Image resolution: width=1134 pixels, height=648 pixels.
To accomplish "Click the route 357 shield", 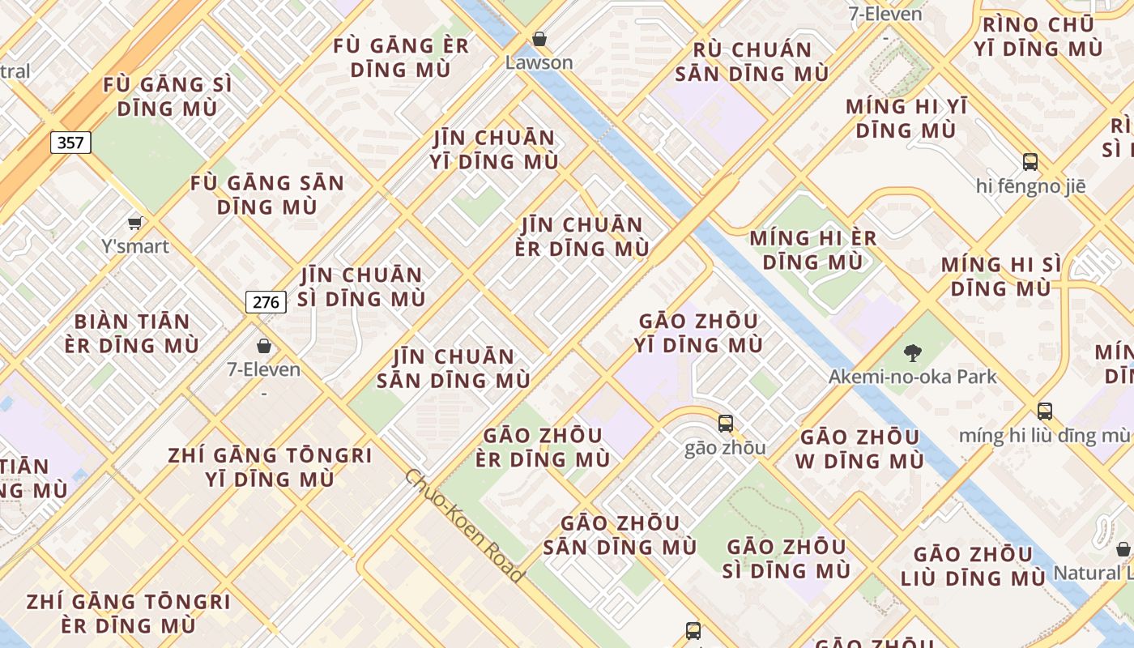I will click(70, 143).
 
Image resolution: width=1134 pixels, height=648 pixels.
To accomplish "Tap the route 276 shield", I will click(266, 303).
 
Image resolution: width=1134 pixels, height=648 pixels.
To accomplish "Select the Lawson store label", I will click(539, 62).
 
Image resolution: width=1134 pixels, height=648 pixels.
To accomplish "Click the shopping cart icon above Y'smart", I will click(135, 223).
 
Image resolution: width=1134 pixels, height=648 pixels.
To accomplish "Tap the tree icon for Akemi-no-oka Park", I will click(912, 352).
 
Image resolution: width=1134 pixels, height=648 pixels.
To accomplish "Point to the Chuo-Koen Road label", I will click(463, 525).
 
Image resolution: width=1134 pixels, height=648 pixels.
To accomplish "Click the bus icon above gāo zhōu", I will click(725, 423).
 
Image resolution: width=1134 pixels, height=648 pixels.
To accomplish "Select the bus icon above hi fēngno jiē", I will click(1030, 162).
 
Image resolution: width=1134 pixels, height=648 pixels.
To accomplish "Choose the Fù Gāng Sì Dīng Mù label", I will click(168, 96).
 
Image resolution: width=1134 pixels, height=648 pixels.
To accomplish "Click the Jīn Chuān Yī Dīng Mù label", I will click(495, 150).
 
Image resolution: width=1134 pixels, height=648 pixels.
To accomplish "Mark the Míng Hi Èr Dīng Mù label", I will click(812, 249).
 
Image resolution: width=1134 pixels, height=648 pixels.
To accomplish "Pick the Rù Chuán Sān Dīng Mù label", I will click(752, 62).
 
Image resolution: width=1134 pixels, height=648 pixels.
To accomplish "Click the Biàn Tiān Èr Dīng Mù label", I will click(131, 334).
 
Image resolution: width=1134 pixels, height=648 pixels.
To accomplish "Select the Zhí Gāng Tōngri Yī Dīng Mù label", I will click(270, 467).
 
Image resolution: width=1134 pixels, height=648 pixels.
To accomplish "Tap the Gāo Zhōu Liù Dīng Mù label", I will click(973, 566).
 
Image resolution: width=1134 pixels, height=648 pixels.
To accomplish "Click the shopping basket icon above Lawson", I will click(539, 39).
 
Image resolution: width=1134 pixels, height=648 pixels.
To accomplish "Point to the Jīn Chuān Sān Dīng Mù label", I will click(454, 369).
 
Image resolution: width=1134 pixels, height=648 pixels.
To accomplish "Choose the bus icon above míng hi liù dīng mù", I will click(1045, 411).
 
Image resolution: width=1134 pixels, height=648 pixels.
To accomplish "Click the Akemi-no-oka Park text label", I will click(912, 377).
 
